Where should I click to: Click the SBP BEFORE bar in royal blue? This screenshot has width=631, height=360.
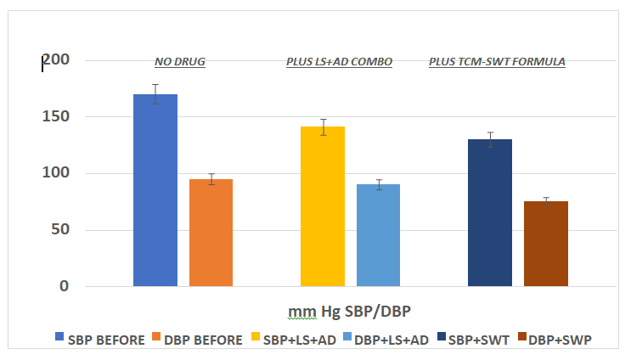pyautogui.click(x=155, y=190)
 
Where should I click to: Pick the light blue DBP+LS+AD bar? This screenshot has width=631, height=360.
pyautogui.click(x=378, y=235)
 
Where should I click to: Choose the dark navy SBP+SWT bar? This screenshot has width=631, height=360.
pyautogui.click(x=490, y=212)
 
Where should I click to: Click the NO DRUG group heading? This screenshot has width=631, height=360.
pyautogui.click(x=180, y=62)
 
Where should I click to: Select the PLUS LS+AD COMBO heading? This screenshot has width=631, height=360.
pyautogui.click(x=339, y=62)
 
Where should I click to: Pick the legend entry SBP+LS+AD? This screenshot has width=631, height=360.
pyautogui.click(x=299, y=339)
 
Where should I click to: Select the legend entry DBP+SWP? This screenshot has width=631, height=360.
pyautogui.click(x=558, y=339)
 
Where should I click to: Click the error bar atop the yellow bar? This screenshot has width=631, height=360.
pyautogui.click(x=323, y=127)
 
